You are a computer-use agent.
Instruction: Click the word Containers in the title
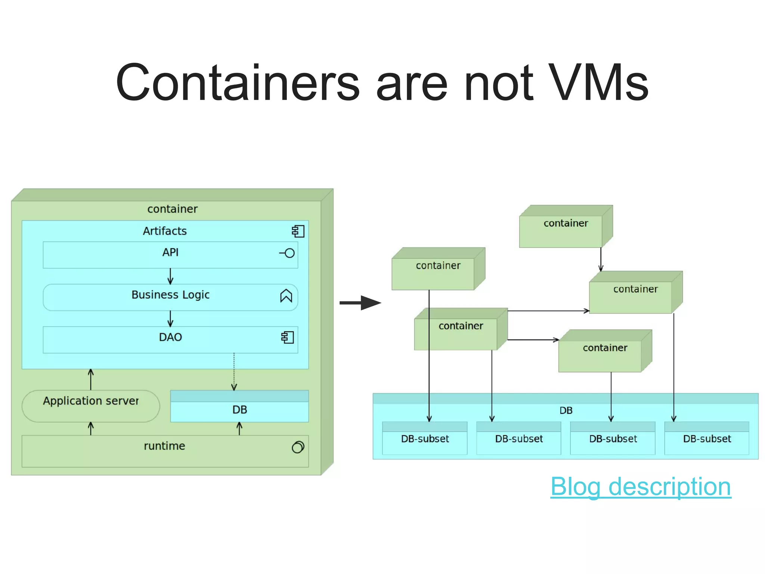tap(238, 83)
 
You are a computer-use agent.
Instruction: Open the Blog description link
tap(640, 487)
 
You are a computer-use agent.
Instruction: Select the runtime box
tap(165, 451)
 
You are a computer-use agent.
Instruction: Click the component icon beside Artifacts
tap(298, 231)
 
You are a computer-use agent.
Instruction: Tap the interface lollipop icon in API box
tap(287, 253)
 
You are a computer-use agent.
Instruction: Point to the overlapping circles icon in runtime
tap(298, 447)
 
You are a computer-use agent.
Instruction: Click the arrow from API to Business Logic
tap(170, 276)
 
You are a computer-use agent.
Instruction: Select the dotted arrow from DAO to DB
tap(234, 372)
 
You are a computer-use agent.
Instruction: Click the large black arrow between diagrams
tap(360, 303)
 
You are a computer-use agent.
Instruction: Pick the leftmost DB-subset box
tap(425, 439)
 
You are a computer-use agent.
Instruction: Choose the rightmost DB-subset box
tap(707, 439)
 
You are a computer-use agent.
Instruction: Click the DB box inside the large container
tap(239, 410)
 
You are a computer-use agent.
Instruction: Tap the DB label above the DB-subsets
tap(566, 411)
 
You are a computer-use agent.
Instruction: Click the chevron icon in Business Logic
tap(286, 296)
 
